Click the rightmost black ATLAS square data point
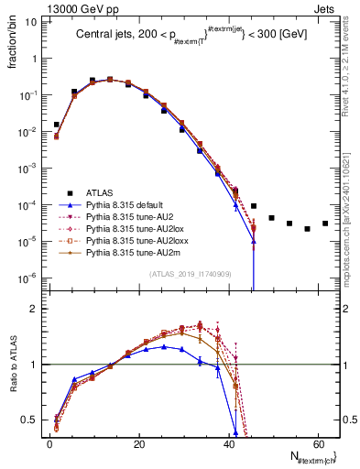click(x=325, y=224)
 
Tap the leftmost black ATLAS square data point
click(x=57, y=125)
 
